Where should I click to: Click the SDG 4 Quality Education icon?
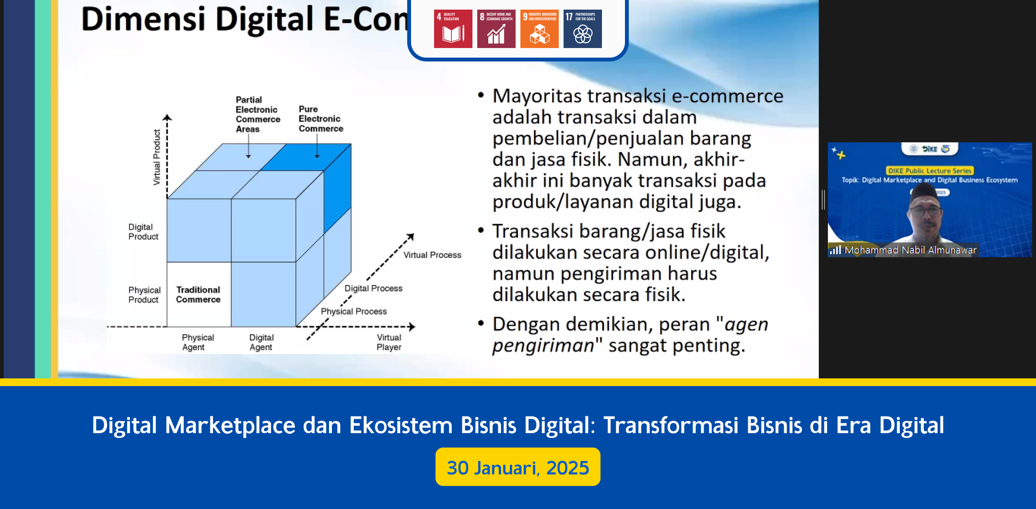coord(453,29)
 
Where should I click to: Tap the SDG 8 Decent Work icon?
coord(496,29)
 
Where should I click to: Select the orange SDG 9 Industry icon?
coord(539,29)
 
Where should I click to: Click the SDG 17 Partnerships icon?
coord(582,29)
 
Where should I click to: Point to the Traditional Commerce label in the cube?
coord(198,294)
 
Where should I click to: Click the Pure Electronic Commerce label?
coord(320,119)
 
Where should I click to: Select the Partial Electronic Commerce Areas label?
coord(257,114)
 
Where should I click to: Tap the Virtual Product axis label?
coord(157,157)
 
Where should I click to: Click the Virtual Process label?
coord(432,255)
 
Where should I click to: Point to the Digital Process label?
coord(373,288)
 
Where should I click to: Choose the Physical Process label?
coord(353,311)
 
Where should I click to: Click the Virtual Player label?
coord(389,342)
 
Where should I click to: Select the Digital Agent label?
coord(261,342)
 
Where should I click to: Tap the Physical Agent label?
coord(198,342)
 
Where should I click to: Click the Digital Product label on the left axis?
coord(143,231)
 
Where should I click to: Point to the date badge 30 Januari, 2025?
coord(518,467)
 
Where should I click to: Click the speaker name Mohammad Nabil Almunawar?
coord(910,250)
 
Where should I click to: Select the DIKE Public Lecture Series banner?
coord(929,170)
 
